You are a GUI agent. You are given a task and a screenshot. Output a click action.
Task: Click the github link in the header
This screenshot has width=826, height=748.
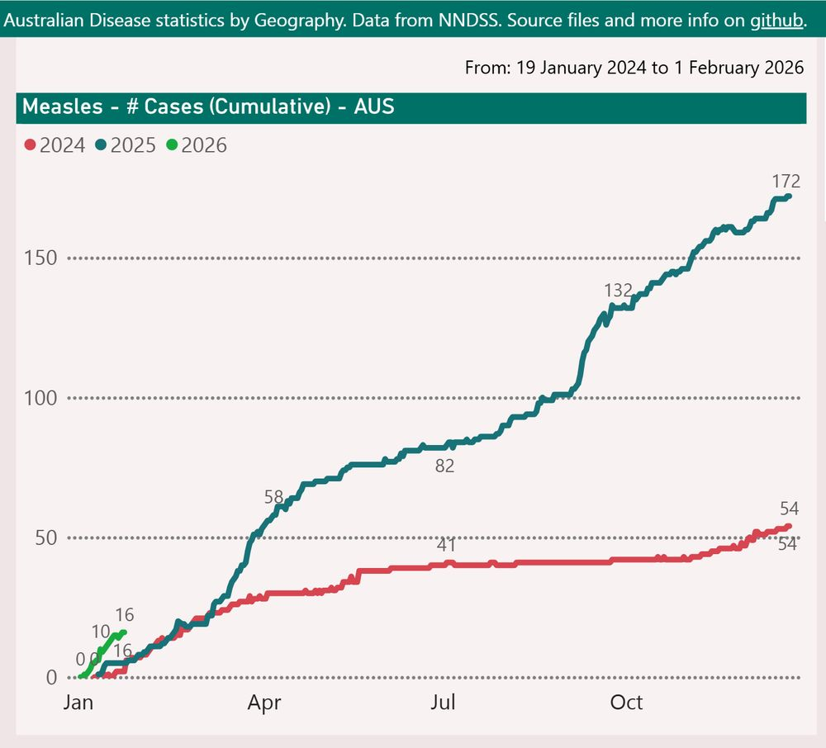776,20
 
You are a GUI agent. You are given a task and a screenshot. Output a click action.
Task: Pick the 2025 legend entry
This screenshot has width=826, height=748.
126,145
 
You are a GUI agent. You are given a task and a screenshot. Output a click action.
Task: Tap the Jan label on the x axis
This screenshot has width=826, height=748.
78,703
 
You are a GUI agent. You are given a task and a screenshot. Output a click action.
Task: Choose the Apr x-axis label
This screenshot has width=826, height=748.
265,703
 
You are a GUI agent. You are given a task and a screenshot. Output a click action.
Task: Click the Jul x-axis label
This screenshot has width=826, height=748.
444,703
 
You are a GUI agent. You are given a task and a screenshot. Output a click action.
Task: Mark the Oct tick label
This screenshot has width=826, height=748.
626,703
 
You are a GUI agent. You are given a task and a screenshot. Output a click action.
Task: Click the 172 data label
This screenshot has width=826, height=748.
786,181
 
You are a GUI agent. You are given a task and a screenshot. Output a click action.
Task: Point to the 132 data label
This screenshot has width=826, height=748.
618,290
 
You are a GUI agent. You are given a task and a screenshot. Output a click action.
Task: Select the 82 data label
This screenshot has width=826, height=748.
444,466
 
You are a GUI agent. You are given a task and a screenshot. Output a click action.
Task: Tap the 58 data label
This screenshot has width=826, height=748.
273,497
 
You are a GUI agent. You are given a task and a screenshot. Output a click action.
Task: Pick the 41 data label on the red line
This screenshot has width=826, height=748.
447,545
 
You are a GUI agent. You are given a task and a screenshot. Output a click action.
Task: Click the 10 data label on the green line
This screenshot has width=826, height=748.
101,632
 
